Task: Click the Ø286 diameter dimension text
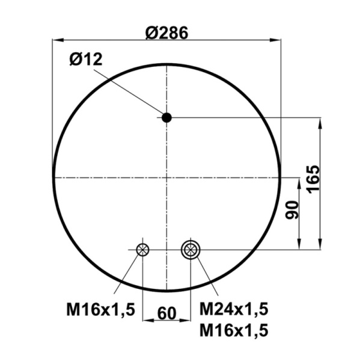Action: (x=166, y=32)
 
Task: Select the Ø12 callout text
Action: (x=86, y=59)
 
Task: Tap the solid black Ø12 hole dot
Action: (x=166, y=117)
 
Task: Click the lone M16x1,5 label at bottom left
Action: (x=100, y=310)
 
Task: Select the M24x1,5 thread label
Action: (x=234, y=309)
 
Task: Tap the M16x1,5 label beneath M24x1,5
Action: (x=234, y=330)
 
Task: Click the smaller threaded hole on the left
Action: (x=142, y=250)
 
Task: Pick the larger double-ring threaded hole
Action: (x=190, y=249)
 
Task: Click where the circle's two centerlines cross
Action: (x=166, y=177)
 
